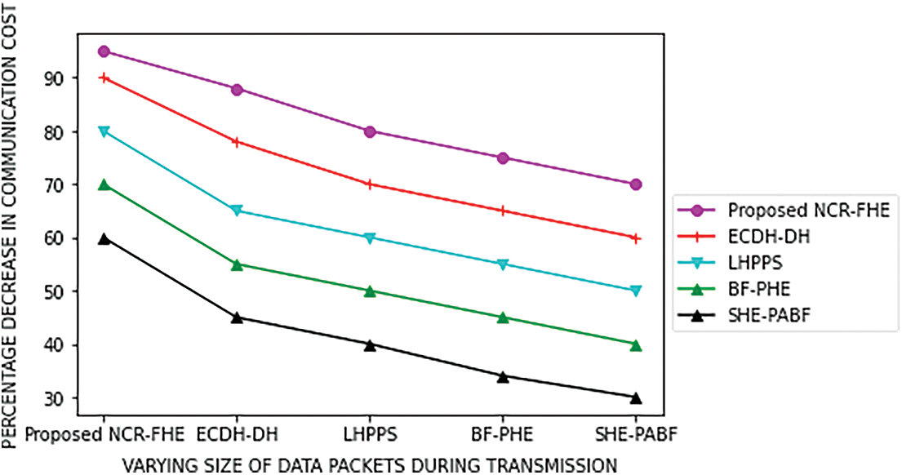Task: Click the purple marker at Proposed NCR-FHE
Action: point(104,51)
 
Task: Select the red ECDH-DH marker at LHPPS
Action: point(370,184)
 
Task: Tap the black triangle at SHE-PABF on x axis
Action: point(636,398)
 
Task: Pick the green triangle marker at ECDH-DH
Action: point(237,264)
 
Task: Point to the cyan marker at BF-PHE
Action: point(503,264)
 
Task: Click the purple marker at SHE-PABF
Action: point(636,184)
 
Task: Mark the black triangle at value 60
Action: point(104,238)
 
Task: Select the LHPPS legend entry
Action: point(752,264)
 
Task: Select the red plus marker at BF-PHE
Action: point(503,211)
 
